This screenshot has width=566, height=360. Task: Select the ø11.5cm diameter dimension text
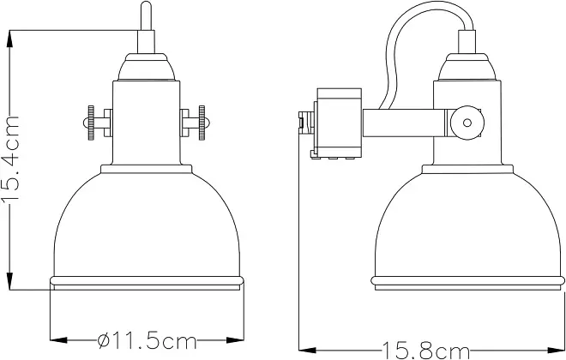click(x=147, y=340)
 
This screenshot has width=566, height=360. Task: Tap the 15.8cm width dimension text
click(x=426, y=351)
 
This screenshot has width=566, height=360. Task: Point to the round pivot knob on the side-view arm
click(x=467, y=123)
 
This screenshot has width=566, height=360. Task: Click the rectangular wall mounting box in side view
click(x=339, y=123)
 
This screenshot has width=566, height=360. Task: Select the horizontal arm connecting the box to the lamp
click(x=404, y=123)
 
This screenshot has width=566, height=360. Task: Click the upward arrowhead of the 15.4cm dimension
click(x=10, y=39)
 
